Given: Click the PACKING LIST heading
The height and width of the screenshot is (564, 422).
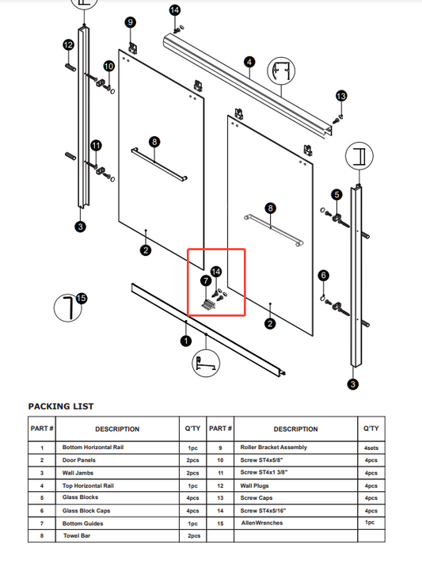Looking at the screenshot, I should pos(61,406).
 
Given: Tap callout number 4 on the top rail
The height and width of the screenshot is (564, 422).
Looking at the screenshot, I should pos(249,62).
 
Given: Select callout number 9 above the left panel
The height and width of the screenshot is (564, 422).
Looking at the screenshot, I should pos(131,22).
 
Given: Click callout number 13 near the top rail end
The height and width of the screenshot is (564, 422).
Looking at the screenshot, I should pos(341,96).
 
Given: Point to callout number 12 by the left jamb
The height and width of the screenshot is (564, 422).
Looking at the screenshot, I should pos(68,45).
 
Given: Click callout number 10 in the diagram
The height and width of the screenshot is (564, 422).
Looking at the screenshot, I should pos(109,66).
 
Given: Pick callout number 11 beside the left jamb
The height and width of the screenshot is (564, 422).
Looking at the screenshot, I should pos(96,146).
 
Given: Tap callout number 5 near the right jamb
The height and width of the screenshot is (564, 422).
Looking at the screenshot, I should pos(336,195).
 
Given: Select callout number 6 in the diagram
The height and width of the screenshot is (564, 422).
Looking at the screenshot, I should pos(323,276).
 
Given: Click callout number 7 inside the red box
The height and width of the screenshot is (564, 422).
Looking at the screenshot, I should pos(205,280).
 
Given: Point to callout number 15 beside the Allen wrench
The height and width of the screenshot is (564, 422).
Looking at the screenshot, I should pos(81,299).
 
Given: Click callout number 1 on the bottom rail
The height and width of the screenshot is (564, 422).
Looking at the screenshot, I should pos(186,341).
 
